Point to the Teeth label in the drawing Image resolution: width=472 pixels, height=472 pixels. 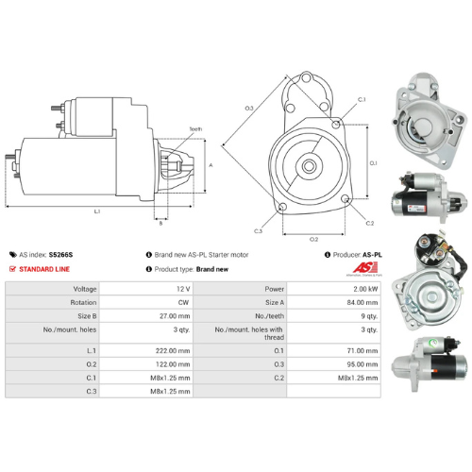[194, 128]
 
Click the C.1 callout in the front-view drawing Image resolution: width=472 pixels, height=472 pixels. [361, 99]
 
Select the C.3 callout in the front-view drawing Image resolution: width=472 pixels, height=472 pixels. [258, 230]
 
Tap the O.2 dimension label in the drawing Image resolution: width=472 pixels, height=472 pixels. [313, 239]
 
